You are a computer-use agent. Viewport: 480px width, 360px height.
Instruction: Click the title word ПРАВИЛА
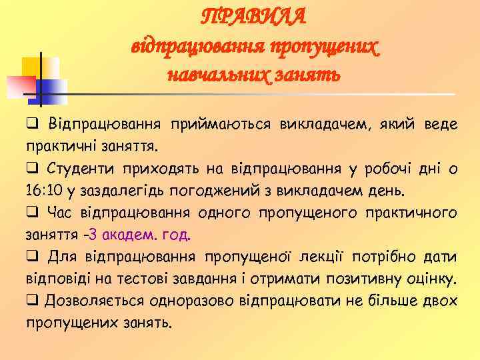click(x=254, y=17)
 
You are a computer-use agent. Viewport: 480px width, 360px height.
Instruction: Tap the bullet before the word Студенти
click(x=31, y=168)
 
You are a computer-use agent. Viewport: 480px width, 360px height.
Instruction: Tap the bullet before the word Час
click(x=31, y=213)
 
